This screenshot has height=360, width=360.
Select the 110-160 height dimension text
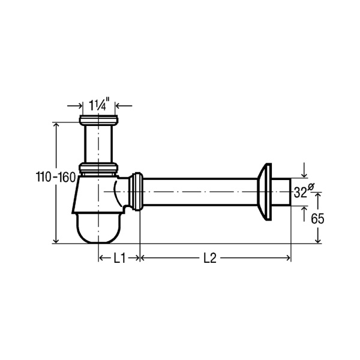point(56,177)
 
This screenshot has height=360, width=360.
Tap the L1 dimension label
point(119,258)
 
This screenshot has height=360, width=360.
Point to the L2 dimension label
point(210,258)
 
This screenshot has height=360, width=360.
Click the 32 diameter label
point(301,193)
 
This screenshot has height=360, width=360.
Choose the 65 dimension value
point(317,218)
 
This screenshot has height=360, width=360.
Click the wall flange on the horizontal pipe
point(265,192)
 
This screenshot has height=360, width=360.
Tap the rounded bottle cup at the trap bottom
point(98,228)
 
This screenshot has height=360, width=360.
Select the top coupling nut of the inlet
point(99,121)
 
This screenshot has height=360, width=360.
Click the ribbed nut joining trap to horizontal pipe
point(136,191)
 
